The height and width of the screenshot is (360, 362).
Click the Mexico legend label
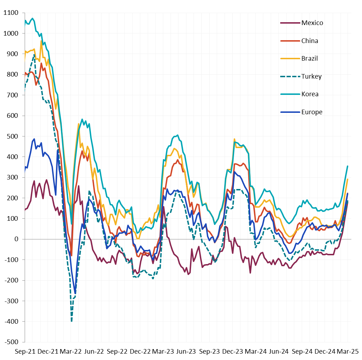(312, 23)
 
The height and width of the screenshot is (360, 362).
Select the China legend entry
(309, 41)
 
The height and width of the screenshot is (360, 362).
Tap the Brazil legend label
(309, 59)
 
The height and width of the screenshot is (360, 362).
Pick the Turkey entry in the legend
(311, 77)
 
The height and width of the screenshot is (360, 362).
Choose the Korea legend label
(310, 94)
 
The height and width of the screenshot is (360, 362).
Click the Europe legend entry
(312, 112)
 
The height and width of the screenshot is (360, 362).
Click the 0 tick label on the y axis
(16, 239)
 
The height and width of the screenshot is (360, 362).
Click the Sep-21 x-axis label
(24, 352)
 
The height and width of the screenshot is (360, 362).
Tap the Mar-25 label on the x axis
(347, 352)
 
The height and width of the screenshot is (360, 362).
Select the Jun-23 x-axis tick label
(186, 352)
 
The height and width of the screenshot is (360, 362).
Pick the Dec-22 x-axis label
(140, 352)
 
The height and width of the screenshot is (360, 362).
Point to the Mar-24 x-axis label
(255, 352)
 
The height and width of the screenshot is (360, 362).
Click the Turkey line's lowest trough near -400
(72, 321)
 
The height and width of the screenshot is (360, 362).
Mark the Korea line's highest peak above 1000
(32, 18)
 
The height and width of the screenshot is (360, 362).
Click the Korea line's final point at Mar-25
(348, 166)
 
